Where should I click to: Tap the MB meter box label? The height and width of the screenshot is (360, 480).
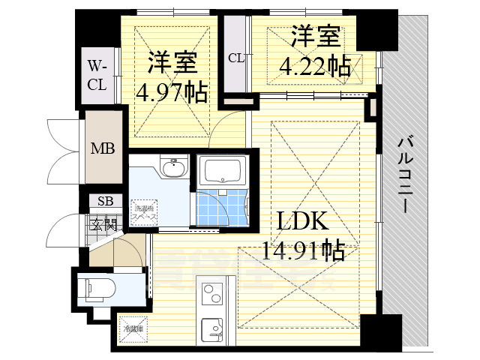pyautogui.click(x=103, y=148)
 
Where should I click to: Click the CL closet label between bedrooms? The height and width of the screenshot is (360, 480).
pyautogui.click(x=235, y=58)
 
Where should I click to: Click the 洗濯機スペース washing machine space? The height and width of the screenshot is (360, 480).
pyautogui.click(x=143, y=212)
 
